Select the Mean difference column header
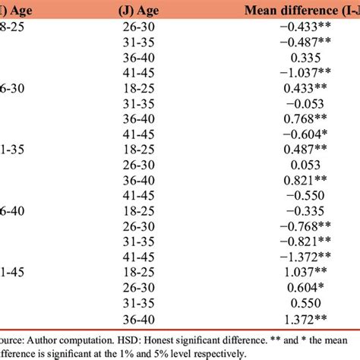[x=304, y=10]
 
